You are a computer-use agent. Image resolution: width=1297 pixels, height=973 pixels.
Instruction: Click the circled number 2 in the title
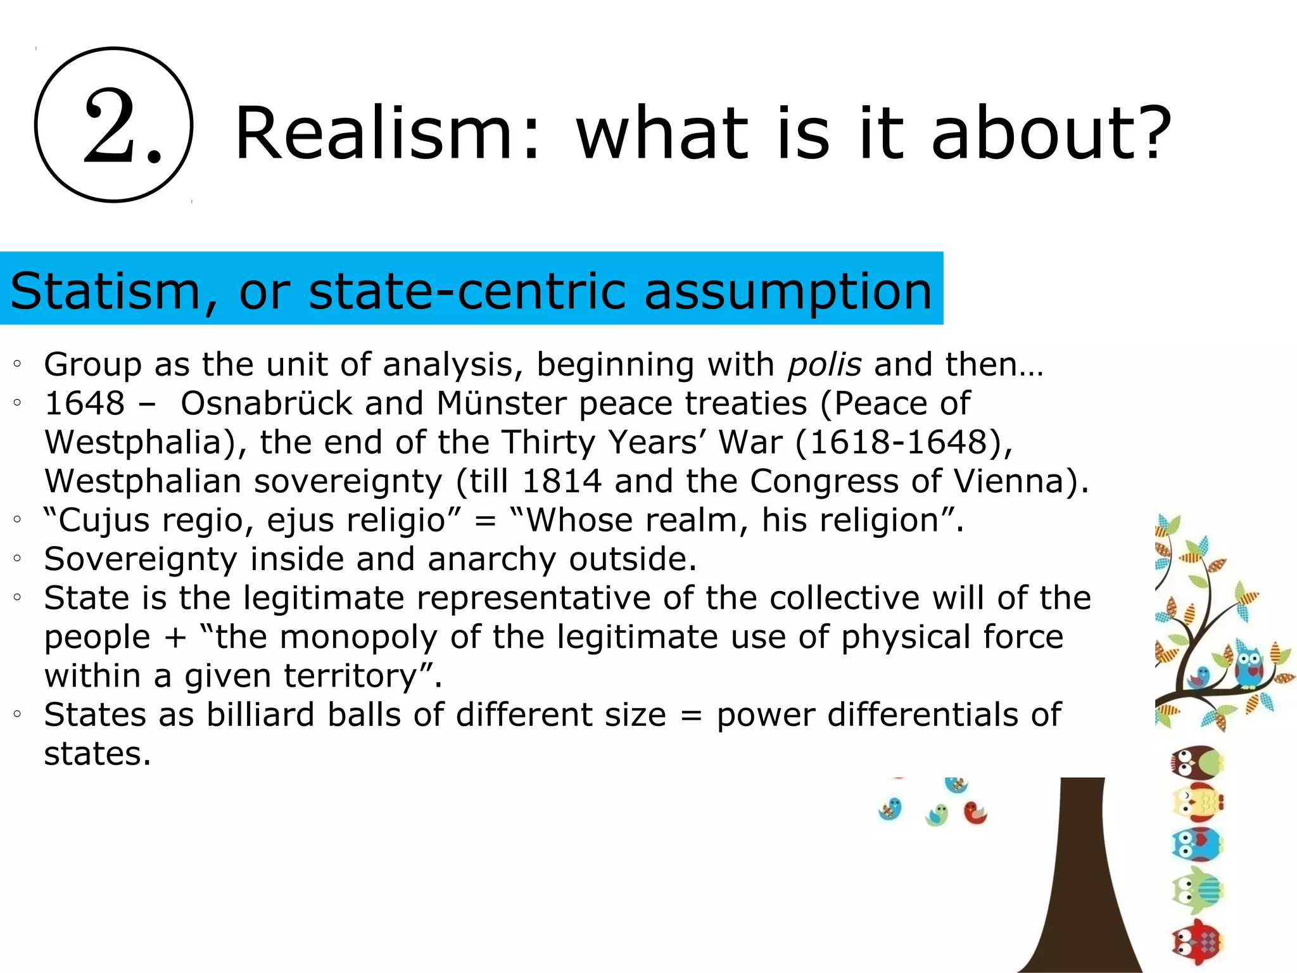point(114,125)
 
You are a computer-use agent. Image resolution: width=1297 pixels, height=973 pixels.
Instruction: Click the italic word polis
point(824,365)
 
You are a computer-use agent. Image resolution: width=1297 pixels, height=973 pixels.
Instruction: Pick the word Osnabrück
point(266,404)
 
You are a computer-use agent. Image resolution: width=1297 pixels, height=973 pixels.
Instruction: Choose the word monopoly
point(358,637)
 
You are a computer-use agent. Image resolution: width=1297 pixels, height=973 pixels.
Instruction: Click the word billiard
point(260,715)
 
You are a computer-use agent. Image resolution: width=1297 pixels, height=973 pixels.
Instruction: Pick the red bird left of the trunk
point(975,813)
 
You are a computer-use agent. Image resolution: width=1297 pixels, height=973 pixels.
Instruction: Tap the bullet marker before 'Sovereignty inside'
point(18,559)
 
